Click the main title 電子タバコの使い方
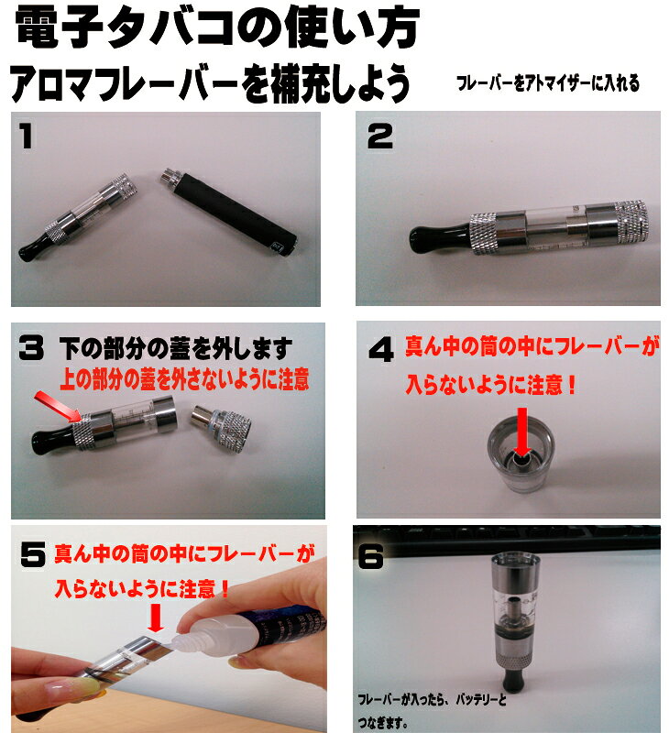[x=217, y=27]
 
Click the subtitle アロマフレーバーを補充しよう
[x=210, y=83]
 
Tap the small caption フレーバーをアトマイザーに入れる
[x=548, y=83]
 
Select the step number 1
[x=27, y=136]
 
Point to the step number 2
[x=380, y=136]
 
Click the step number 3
[x=31, y=348]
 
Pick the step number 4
[x=381, y=350]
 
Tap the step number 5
[x=33, y=555]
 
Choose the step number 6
[x=371, y=556]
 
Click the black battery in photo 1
[x=231, y=213]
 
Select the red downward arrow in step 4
[x=522, y=432]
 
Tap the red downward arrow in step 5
[x=156, y=618]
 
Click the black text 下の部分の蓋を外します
[x=176, y=349]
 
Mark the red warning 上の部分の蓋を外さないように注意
[x=184, y=379]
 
